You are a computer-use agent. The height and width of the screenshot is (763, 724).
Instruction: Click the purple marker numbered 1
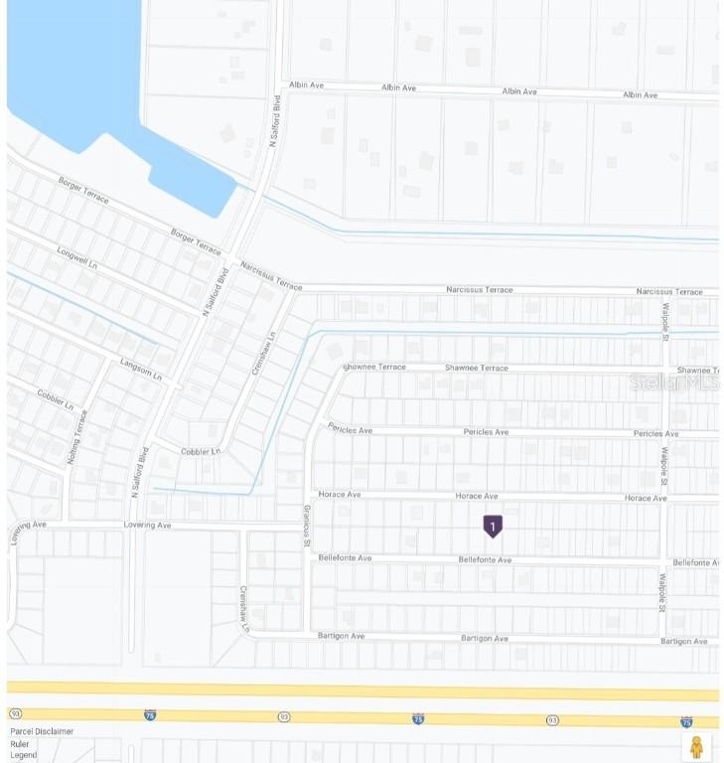(x=492, y=526)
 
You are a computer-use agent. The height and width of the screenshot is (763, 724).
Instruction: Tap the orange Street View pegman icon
(x=696, y=746)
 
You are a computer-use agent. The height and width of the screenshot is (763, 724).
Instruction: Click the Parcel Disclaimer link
(x=42, y=731)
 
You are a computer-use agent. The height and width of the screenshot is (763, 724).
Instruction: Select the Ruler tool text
(x=20, y=743)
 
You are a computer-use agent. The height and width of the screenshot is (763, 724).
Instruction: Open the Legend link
(x=24, y=755)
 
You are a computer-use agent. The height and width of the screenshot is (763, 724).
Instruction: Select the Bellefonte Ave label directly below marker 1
(x=485, y=560)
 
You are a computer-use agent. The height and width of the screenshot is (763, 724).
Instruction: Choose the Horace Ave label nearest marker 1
(x=476, y=496)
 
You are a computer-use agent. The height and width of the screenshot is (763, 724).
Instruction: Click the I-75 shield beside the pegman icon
(x=686, y=722)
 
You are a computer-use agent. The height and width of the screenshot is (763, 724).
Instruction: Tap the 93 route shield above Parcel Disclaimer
(x=15, y=713)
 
